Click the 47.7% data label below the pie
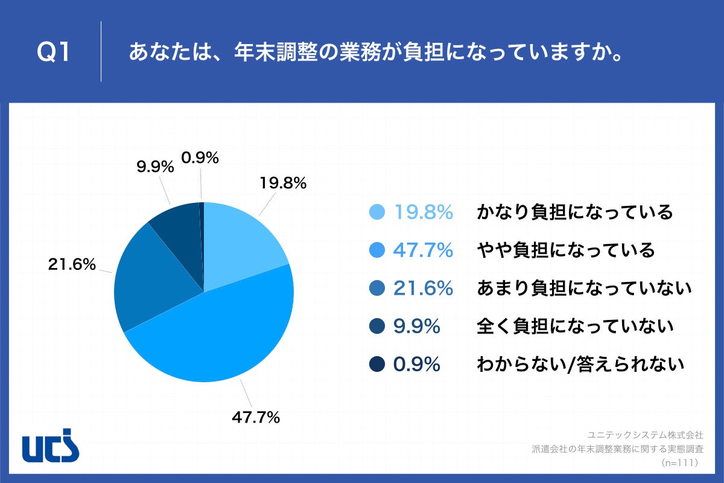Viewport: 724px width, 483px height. click(x=256, y=417)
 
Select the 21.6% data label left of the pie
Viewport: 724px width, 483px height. click(x=72, y=264)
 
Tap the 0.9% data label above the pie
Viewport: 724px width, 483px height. click(x=200, y=158)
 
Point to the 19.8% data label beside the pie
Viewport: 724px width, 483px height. click(x=283, y=182)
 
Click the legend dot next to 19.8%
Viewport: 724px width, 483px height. click(x=376, y=213)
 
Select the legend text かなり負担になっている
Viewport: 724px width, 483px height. click(x=574, y=213)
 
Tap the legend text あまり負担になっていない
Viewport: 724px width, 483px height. click(x=583, y=289)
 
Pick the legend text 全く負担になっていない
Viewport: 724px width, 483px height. click(x=574, y=327)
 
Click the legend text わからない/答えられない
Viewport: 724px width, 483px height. click(x=580, y=365)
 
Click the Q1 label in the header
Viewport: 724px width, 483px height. click(x=54, y=53)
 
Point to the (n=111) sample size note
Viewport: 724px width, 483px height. click(x=679, y=462)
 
